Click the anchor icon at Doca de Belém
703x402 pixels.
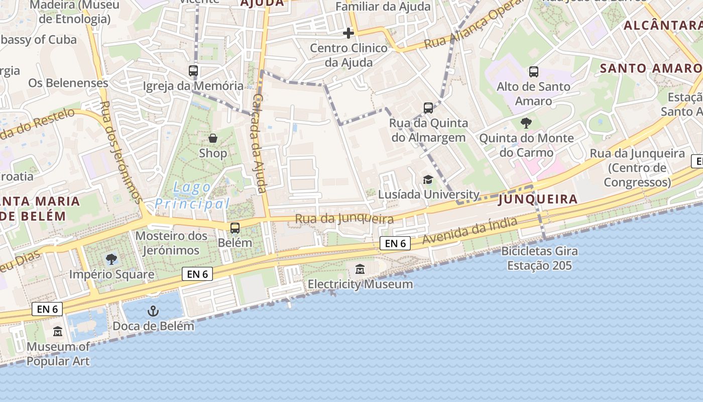(153, 311)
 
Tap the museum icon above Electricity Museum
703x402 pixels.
(360, 269)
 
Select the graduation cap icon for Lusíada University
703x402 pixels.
(428, 179)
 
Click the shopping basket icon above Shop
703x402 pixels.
(213, 138)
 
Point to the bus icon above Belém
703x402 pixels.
(235, 228)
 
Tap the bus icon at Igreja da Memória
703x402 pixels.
(193, 71)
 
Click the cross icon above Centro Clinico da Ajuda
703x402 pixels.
(348, 33)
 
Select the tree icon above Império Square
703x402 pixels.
(111, 259)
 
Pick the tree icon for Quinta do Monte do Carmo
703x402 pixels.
(526, 123)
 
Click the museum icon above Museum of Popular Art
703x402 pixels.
(58, 332)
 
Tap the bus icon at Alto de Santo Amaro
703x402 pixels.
(533, 72)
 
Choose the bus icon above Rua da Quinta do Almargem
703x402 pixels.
(428, 108)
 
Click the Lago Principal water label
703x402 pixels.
(192, 195)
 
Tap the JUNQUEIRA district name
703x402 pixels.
(538, 199)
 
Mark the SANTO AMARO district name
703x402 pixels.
(651, 68)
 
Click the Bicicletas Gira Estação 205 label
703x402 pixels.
(539, 258)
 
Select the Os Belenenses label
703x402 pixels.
(68, 83)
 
